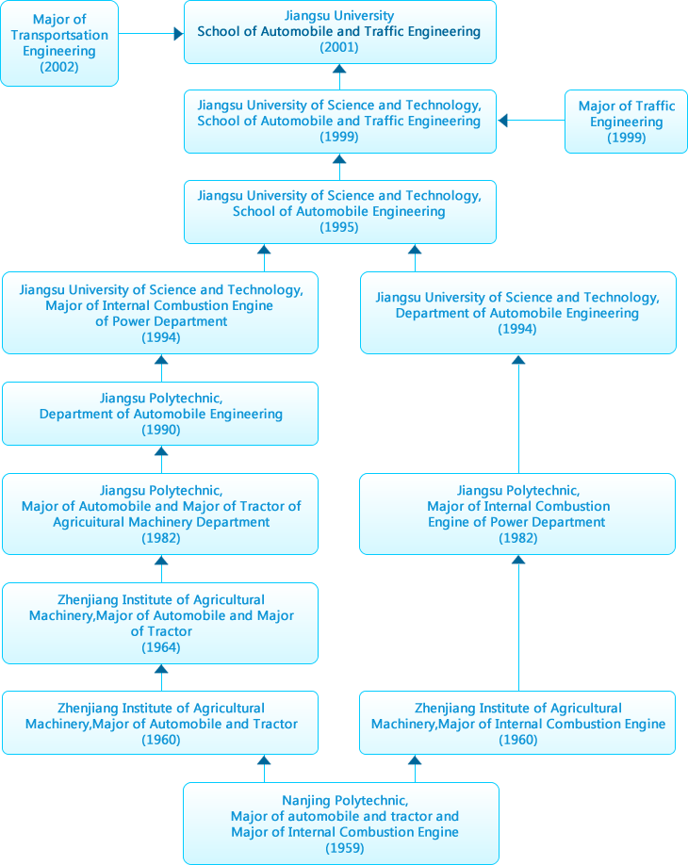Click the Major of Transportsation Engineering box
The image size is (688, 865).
tap(59, 43)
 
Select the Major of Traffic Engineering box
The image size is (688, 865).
tap(626, 122)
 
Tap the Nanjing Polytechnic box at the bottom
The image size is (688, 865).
tap(341, 824)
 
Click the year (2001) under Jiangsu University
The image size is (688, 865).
tap(339, 47)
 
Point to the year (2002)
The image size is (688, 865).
tap(59, 67)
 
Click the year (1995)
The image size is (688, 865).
tap(339, 227)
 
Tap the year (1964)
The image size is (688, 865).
tap(161, 647)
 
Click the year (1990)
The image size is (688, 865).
tap(161, 430)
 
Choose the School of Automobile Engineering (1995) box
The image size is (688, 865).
tap(339, 212)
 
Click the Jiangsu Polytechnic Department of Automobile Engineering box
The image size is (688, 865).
tap(161, 414)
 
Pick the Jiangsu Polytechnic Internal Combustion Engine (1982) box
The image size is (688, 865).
tap(518, 514)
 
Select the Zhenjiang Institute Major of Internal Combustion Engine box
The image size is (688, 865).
tap(518, 724)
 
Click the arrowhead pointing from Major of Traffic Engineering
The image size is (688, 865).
tap(503, 120)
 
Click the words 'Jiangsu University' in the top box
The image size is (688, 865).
tap(339, 16)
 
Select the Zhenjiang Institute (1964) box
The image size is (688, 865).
tap(161, 623)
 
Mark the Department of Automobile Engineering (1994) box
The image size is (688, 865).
tap(518, 313)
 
